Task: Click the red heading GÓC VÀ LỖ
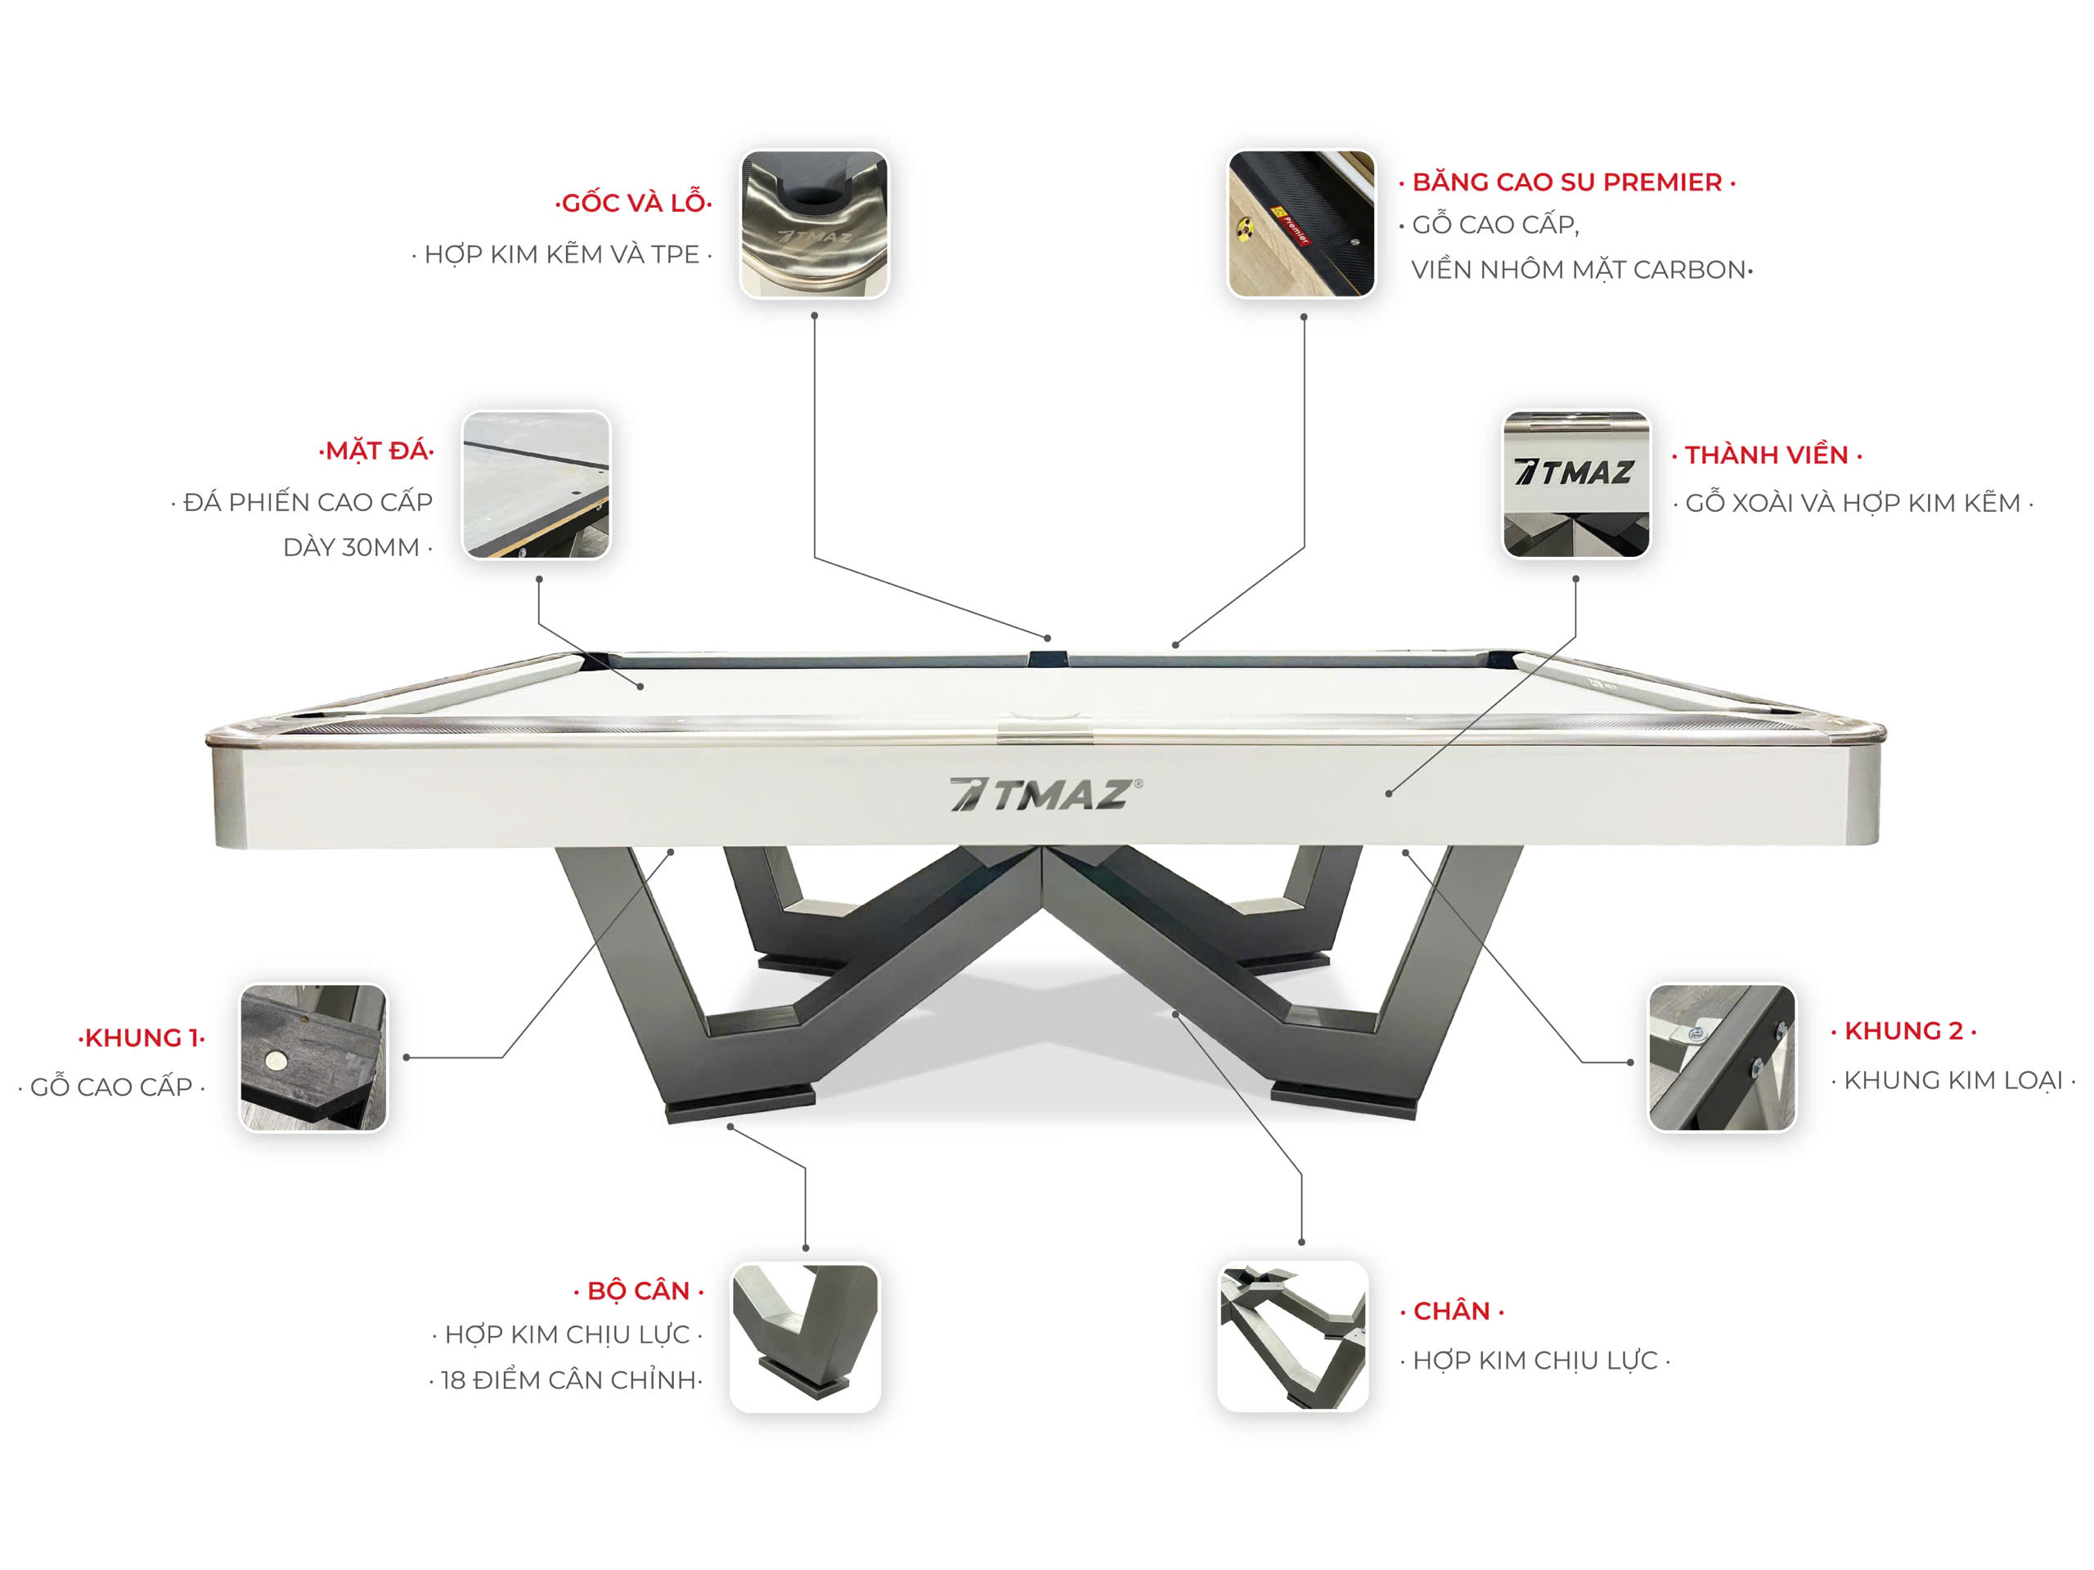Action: point(633,203)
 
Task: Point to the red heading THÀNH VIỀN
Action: point(1767,455)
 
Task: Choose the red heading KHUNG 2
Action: point(1903,1030)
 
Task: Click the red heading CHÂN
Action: point(1452,1311)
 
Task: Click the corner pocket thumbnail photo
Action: point(814,224)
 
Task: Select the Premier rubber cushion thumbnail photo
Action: point(1301,224)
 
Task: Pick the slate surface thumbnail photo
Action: point(536,485)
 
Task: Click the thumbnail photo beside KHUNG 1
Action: point(313,1057)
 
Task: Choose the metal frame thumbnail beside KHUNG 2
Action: point(1722,1057)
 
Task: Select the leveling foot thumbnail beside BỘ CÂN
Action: point(806,1337)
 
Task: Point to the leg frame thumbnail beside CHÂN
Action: point(1293,1335)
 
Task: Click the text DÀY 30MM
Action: point(357,547)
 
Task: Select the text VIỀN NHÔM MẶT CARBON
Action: point(1582,270)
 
